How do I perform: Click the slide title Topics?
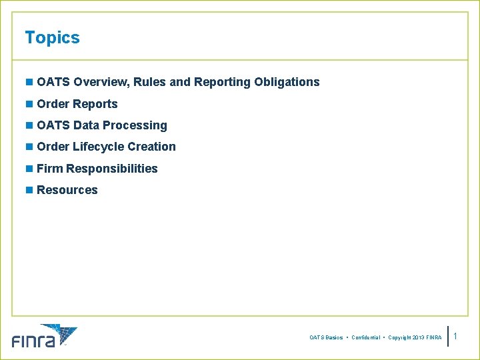click(x=52, y=38)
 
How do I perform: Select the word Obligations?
click(x=287, y=82)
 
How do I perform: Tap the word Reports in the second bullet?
click(x=95, y=104)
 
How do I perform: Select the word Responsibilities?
click(x=112, y=169)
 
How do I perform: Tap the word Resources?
click(x=67, y=190)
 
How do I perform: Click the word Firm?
click(x=50, y=169)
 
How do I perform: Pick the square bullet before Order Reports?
click(x=29, y=104)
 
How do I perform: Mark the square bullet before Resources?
click(x=29, y=190)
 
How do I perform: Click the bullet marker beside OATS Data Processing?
click(x=29, y=125)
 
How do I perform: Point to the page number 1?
click(x=455, y=337)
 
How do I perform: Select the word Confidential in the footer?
click(x=366, y=338)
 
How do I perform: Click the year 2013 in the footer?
click(x=415, y=338)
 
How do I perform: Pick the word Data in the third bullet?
click(x=87, y=125)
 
